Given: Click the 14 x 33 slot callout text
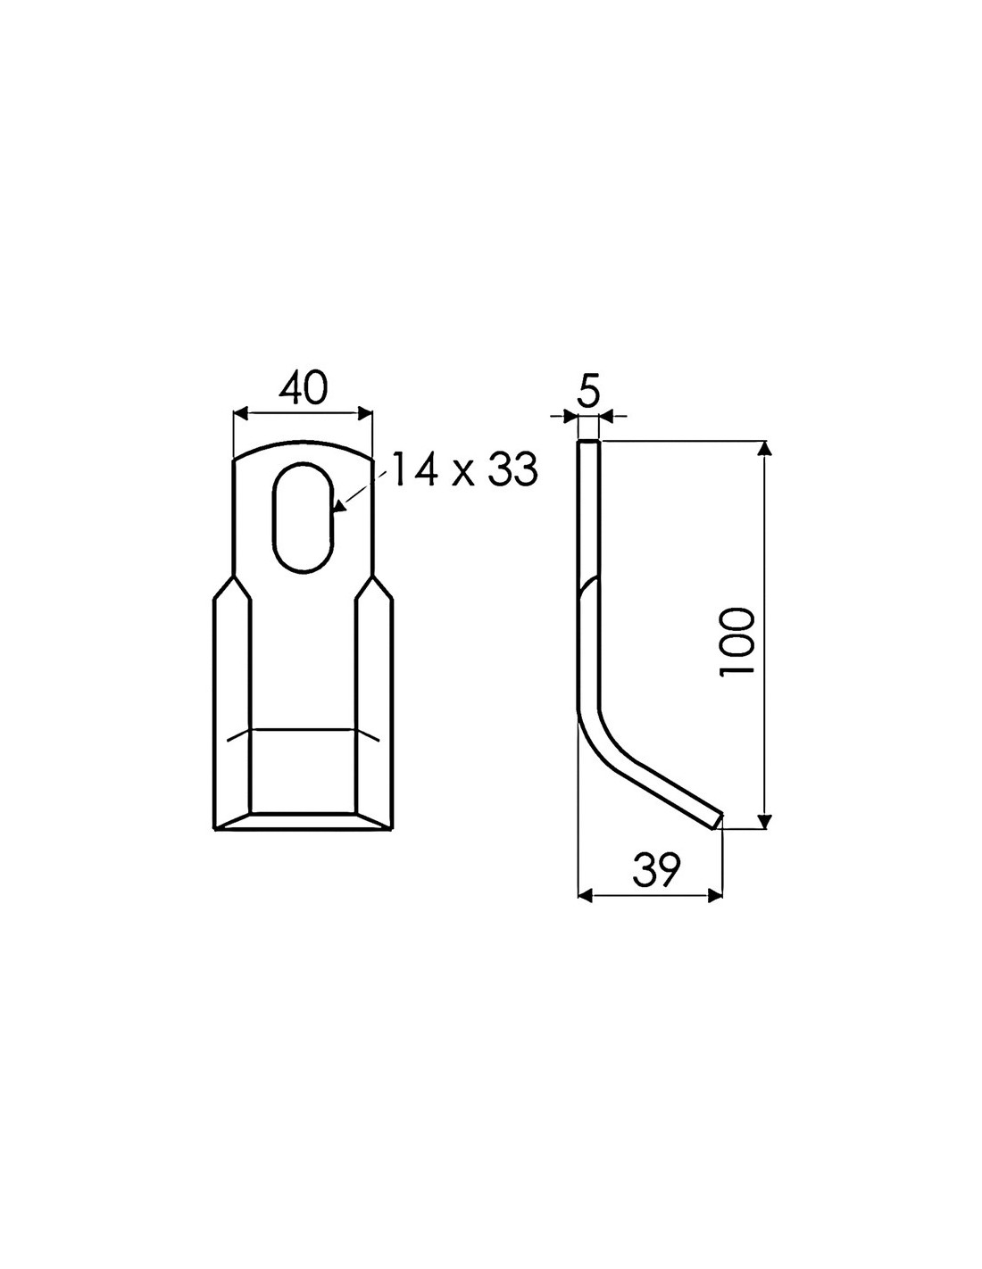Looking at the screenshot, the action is pyautogui.click(x=464, y=469).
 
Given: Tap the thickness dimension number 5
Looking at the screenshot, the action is pyautogui.click(x=588, y=393).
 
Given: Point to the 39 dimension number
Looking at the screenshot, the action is pyautogui.click(x=657, y=869).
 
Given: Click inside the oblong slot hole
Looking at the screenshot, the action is pyautogui.click(x=303, y=517).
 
